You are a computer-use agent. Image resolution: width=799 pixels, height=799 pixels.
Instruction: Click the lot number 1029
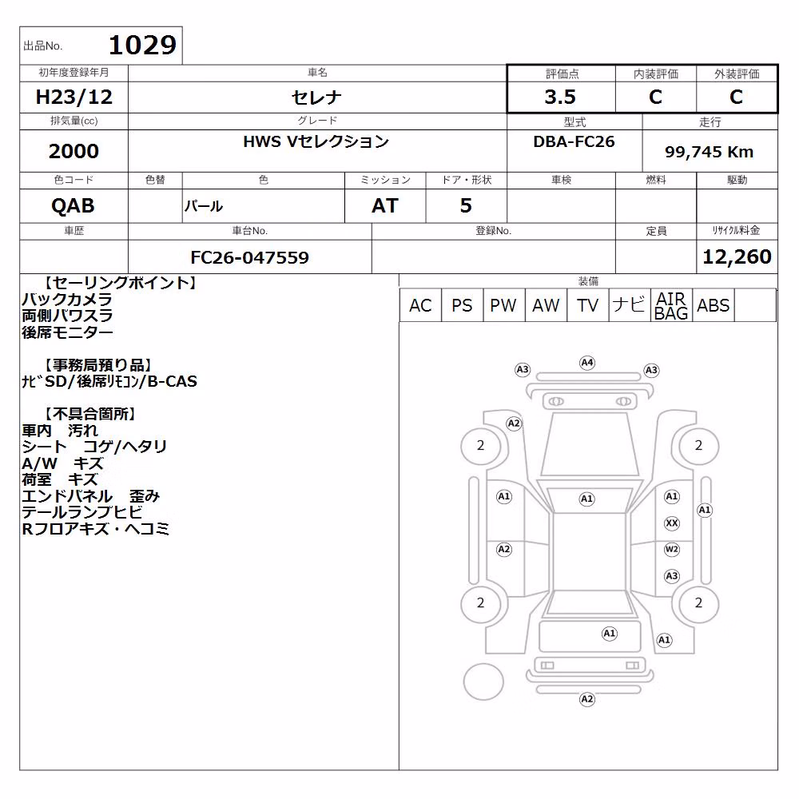pyautogui.click(x=143, y=46)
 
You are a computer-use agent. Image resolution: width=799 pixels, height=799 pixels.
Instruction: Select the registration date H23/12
pyautogui.click(x=74, y=97)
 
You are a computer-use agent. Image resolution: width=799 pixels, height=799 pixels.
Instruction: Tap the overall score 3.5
pyautogui.click(x=560, y=97)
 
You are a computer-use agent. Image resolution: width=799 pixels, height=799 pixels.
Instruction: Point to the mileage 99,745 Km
pyautogui.click(x=709, y=152)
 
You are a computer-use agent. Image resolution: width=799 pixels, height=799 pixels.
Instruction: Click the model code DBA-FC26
pyautogui.click(x=574, y=141)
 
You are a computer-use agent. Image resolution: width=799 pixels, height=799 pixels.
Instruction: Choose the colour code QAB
pyautogui.click(x=73, y=205)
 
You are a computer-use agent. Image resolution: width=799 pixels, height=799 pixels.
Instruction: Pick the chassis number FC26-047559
pyautogui.click(x=249, y=257)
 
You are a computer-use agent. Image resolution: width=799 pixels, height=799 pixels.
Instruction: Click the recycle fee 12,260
pyautogui.click(x=737, y=256)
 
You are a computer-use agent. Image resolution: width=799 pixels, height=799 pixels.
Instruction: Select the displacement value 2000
pyautogui.click(x=74, y=151)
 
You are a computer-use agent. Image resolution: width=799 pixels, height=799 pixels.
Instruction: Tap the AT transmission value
pyautogui.click(x=385, y=205)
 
